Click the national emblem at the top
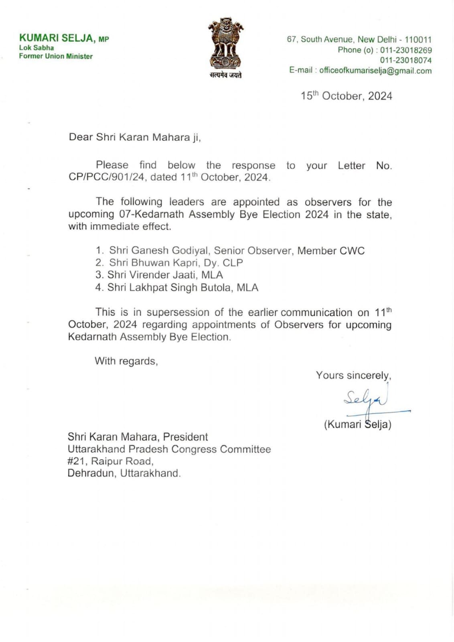225,43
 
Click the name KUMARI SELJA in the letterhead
57,38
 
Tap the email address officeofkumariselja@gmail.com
375,71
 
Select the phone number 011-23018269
406,50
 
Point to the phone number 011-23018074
406,60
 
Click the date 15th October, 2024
347,96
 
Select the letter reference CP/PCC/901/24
106,177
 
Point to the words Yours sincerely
353,375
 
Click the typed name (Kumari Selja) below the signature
357,425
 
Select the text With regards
126,361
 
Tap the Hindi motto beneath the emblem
225,75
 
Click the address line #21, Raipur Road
110,461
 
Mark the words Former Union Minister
56,56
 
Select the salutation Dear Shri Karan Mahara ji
135,137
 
